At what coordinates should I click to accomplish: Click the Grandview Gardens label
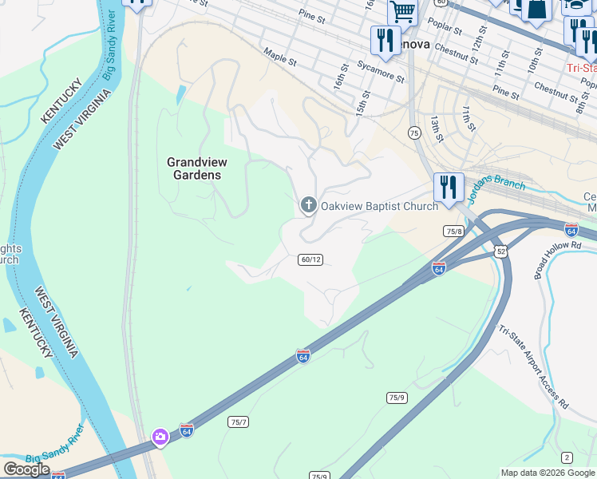coord(193,168)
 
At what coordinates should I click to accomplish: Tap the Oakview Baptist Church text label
coord(379,206)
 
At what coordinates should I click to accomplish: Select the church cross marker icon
coord(308,205)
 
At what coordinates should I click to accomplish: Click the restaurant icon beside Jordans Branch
coord(449,188)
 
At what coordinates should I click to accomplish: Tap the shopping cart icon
coord(403,12)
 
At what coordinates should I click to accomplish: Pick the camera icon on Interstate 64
coord(160,436)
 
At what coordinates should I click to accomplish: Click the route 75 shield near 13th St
coord(413,133)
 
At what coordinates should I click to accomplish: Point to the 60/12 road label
coord(310,259)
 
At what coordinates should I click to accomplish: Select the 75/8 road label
coord(453,231)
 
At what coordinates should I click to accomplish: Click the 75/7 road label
coord(238,422)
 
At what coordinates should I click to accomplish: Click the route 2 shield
coord(567,457)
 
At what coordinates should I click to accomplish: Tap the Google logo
coord(26,469)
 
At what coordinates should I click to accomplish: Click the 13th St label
coord(436,128)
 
